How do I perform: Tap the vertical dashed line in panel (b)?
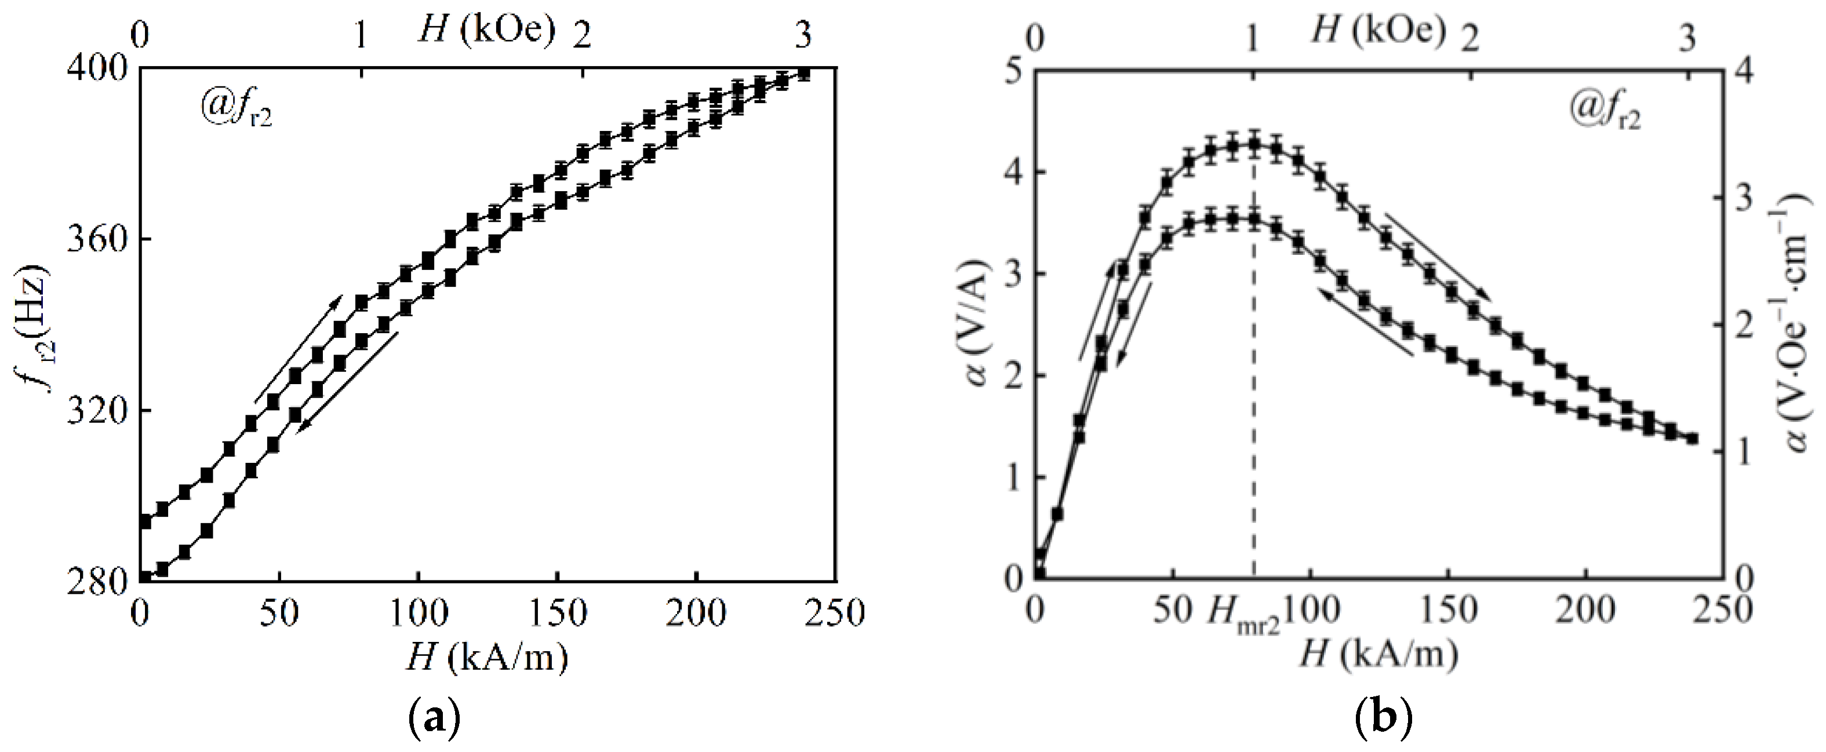click(x=1254, y=425)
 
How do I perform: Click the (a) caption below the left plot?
click(x=435, y=721)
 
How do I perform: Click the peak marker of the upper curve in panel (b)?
click(x=1254, y=145)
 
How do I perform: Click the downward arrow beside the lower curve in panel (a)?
click(x=347, y=384)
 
